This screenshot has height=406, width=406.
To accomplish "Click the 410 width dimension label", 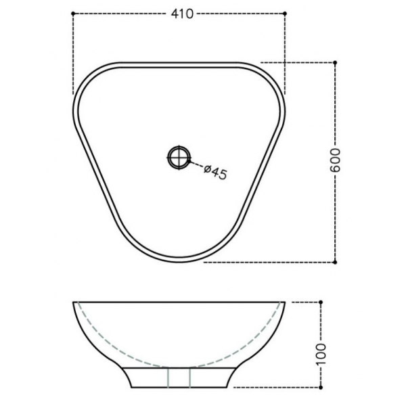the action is [182, 14].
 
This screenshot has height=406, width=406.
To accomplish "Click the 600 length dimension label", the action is [336, 160].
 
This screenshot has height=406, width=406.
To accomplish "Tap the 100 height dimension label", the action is [321, 354].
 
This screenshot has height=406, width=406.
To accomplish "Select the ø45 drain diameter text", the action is [215, 172].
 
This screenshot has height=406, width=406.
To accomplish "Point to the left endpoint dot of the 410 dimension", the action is [73, 14].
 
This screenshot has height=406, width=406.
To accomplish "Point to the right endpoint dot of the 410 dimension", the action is [285, 14].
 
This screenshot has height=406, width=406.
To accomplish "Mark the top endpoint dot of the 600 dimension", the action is [335, 62].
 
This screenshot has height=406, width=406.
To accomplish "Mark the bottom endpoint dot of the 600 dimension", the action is [335, 263].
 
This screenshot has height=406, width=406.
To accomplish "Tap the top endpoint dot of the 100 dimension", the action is [321, 302].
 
